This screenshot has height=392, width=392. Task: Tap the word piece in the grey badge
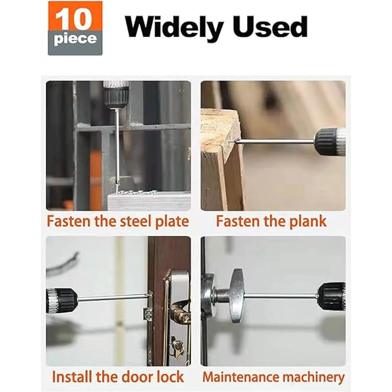coord(75,39)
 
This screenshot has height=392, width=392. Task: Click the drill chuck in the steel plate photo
coord(116,95)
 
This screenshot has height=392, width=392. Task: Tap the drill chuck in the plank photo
coord(330,140)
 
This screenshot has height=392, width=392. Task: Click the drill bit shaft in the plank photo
coord(275,141)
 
